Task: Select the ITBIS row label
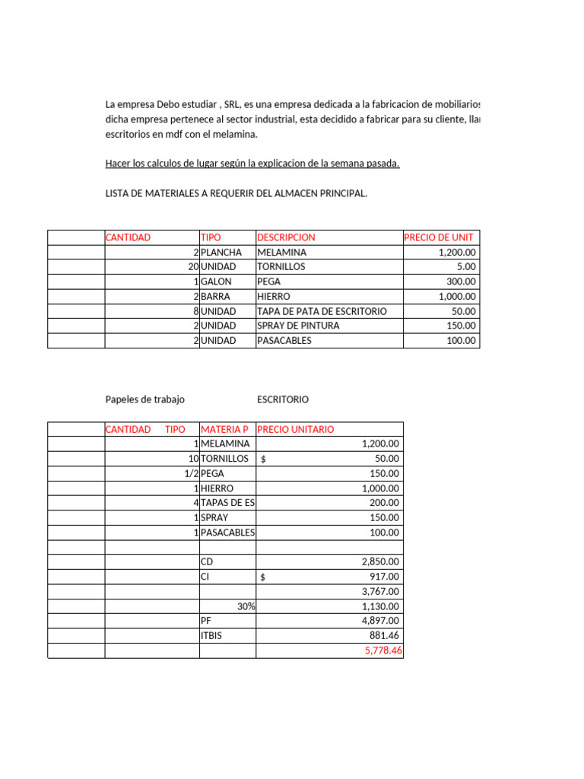[x=213, y=636]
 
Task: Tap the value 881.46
[x=384, y=636]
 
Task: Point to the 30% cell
[x=245, y=606]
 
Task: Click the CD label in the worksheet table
[x=207, y=562]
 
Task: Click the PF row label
[x=206, y=622]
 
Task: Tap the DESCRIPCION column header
[x=286, y=237]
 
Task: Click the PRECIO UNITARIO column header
[x=296, y=430]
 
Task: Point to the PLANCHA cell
[x=221, y=252]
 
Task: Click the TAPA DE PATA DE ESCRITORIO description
[x=322, y=311]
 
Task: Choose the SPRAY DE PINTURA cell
[x=298, y=326]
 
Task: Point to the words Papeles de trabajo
[x=144, y=399]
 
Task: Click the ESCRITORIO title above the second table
[x=283, y=399]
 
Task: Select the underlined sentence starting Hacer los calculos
[x=252, y=164]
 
